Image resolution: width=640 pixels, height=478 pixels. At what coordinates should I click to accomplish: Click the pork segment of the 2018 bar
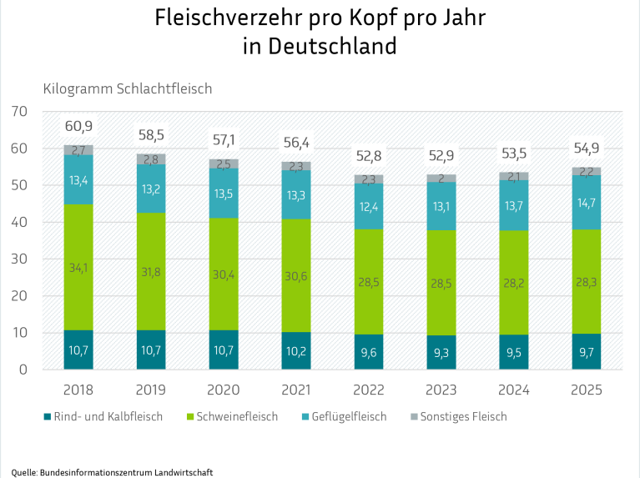(78, 267)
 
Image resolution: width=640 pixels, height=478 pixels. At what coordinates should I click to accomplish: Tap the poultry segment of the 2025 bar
(587, 202)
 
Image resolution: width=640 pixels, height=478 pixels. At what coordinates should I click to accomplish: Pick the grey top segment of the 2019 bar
(151, 158)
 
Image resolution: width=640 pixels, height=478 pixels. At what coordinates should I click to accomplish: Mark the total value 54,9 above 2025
(587, 148)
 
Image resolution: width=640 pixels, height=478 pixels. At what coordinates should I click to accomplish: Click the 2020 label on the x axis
(224, 390)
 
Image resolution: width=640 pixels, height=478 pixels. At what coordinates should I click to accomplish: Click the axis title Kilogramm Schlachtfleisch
(128, 88)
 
